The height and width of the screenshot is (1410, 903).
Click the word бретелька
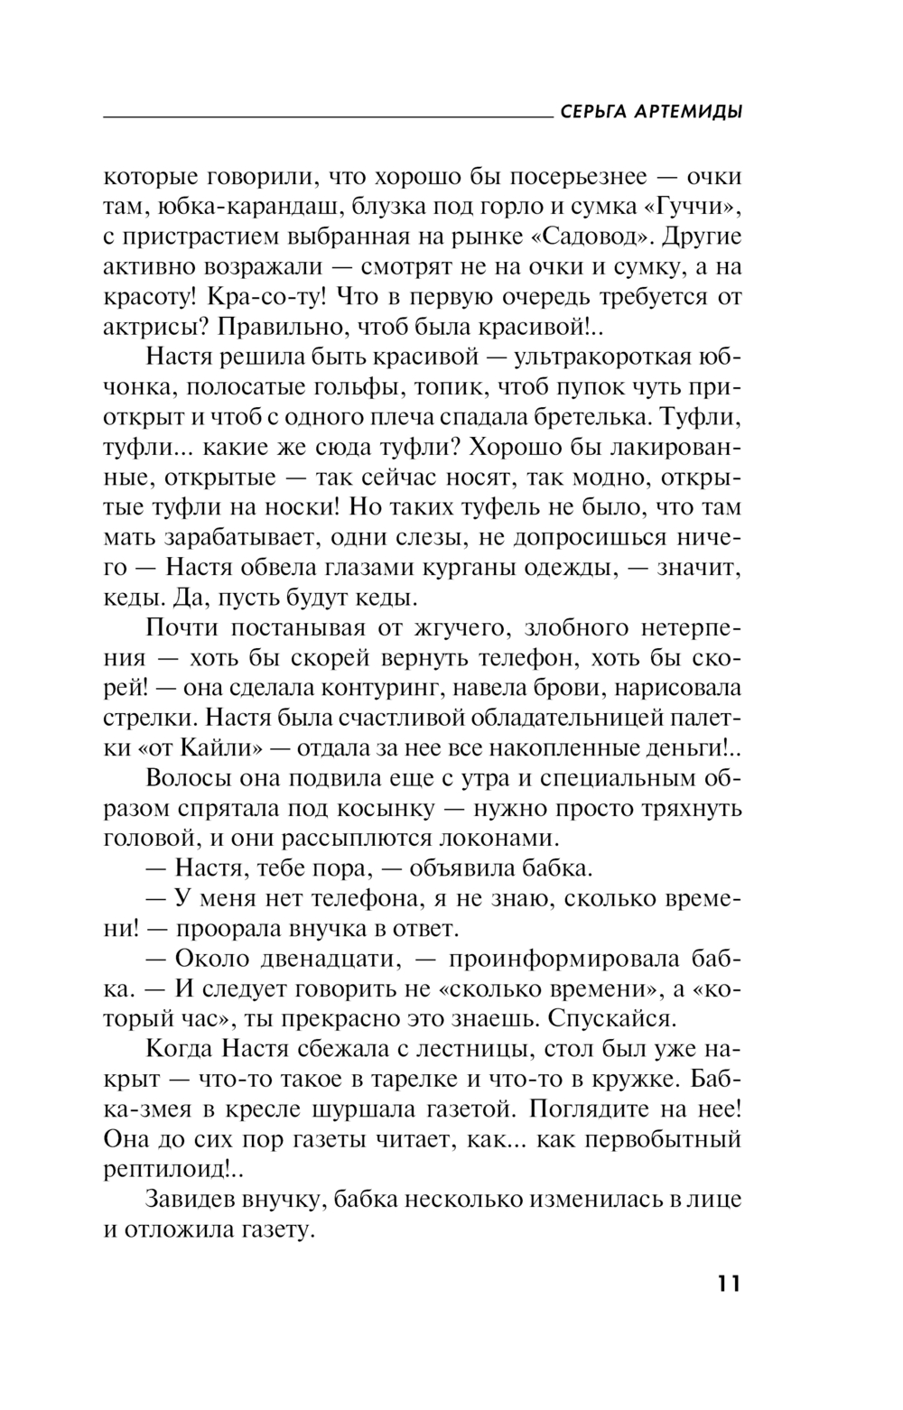[x=575, y=417]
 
